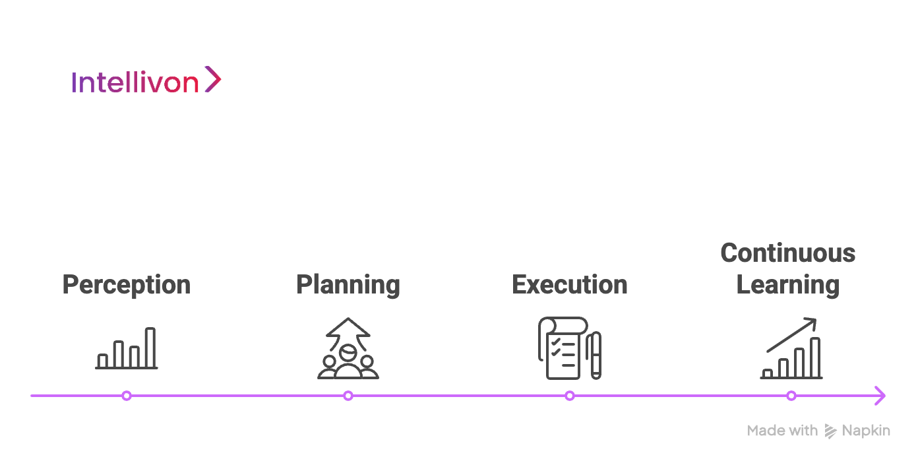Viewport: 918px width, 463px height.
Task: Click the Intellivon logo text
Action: (x=135, y=82)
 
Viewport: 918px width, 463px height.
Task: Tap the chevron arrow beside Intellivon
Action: (x=212, y=79)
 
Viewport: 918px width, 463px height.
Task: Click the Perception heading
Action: (x=126, y=285)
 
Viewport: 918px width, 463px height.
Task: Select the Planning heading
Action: (x=348, y=285)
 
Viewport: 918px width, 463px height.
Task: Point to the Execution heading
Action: (x=570, y=285)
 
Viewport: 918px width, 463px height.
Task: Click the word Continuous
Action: (x=787, y=253)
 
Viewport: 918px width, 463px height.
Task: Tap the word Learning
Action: (x=787, y=285)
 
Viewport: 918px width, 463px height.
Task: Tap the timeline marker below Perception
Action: (x=127, y=396)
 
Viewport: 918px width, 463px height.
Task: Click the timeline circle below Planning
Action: (x=348, y=396)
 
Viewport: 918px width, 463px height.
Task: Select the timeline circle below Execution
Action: (x=570, y=396)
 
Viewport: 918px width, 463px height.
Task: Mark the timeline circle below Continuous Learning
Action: (x=791, y=396)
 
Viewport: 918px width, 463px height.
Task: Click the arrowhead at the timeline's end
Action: (x=880, y=396)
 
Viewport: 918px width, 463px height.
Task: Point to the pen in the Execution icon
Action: (x=595, y=355)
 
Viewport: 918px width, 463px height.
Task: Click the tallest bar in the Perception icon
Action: (x=150, y=348)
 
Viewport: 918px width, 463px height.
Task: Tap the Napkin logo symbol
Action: (x=830, y=431)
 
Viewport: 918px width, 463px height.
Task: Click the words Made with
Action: (x=782, y=431)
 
